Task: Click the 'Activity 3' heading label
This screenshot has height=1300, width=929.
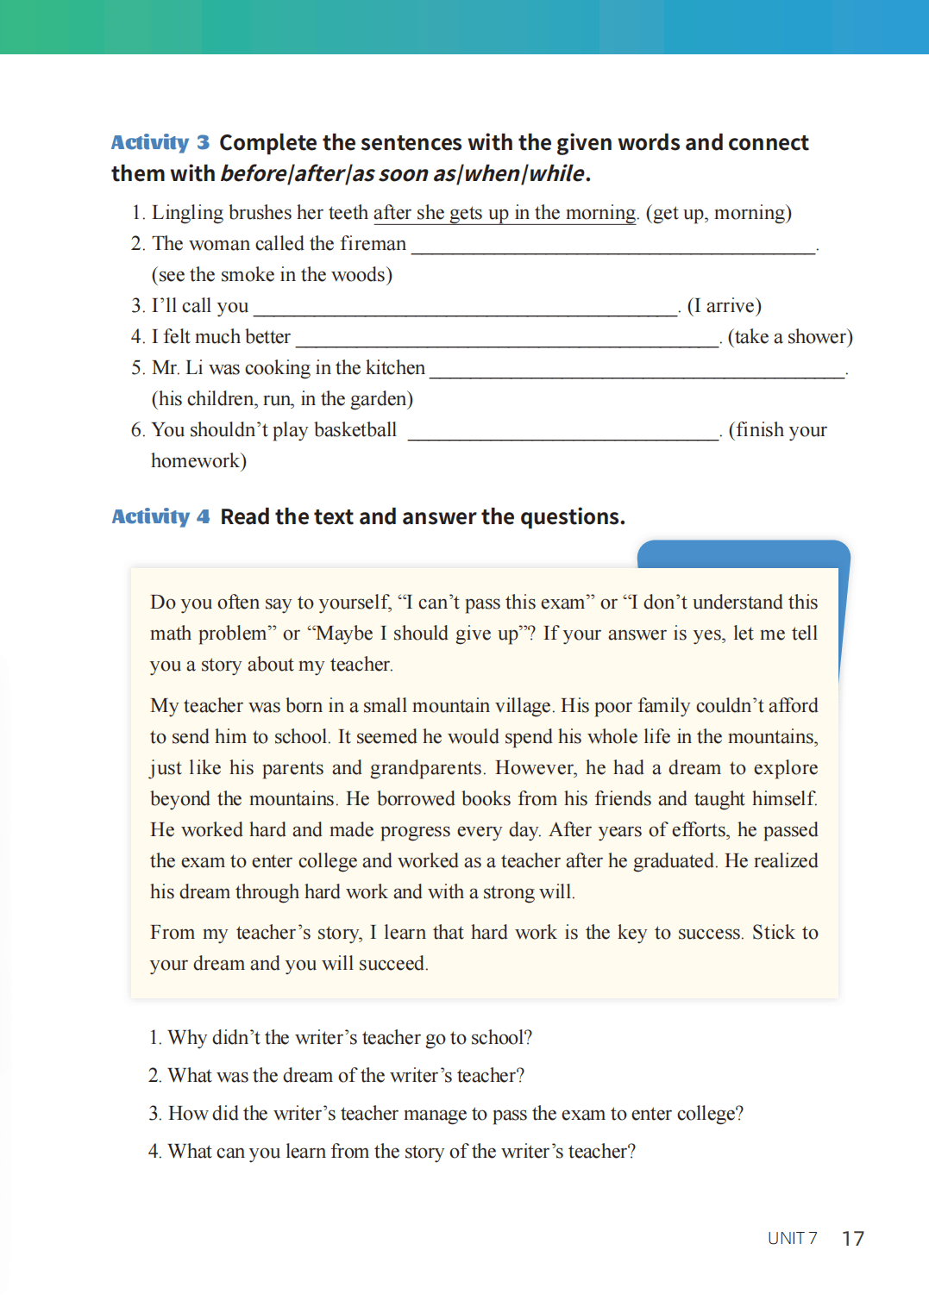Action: (160, 142)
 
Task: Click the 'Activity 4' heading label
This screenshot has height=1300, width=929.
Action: (160, 516)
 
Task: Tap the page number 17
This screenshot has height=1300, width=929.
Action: (852, 1239)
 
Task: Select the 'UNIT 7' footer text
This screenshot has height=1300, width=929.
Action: (792, 1239)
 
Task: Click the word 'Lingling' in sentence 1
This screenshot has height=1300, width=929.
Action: (187, 213)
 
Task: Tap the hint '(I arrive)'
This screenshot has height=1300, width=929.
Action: (724, 306)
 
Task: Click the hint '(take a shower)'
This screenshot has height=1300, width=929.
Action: (789, 337)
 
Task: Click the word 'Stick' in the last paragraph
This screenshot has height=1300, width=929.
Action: (773, 933)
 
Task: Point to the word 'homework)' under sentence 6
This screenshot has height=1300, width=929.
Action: (198, 461)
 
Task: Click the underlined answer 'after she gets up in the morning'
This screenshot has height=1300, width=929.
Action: (505, 213)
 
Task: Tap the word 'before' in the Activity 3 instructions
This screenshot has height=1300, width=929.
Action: (253, 174)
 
